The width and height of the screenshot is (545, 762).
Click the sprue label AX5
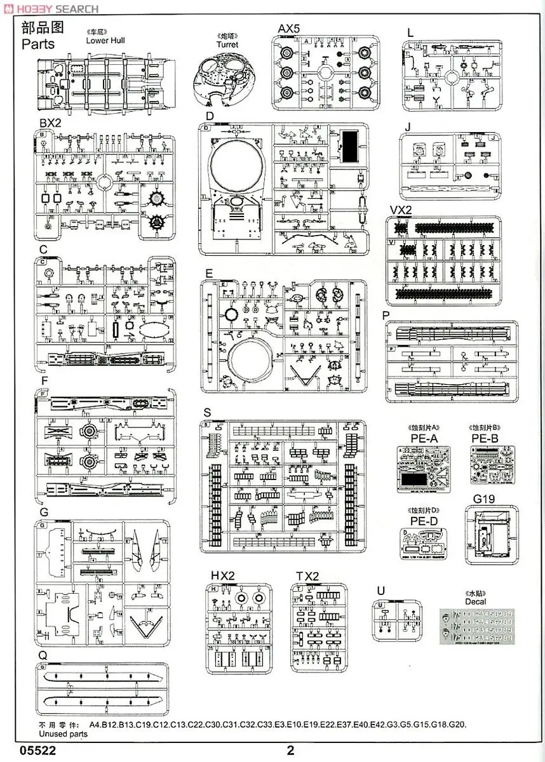290,29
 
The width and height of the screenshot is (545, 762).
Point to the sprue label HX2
223,575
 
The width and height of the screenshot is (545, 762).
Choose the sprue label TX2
307,576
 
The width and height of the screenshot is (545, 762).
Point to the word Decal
475,601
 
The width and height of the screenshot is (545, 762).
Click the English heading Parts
38,44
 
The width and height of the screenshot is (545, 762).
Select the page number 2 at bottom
290,750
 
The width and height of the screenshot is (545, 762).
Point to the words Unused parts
63,733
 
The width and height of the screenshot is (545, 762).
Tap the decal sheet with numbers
478,625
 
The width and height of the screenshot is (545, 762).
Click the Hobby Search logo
51,8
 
